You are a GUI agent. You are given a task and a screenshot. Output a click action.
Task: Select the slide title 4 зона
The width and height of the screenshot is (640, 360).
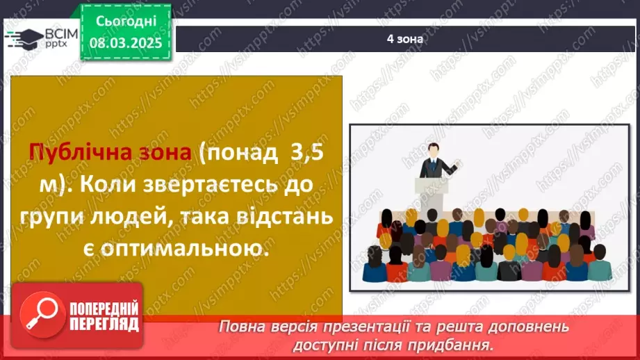pos(405,39)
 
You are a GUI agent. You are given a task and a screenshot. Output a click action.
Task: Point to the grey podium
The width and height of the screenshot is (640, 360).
pos(433,191)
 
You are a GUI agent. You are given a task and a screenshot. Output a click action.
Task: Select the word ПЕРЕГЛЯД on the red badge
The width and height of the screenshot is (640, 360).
pos(103,324)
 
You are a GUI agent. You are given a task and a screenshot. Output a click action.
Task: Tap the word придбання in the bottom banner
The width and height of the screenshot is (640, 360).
pos(459,344)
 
